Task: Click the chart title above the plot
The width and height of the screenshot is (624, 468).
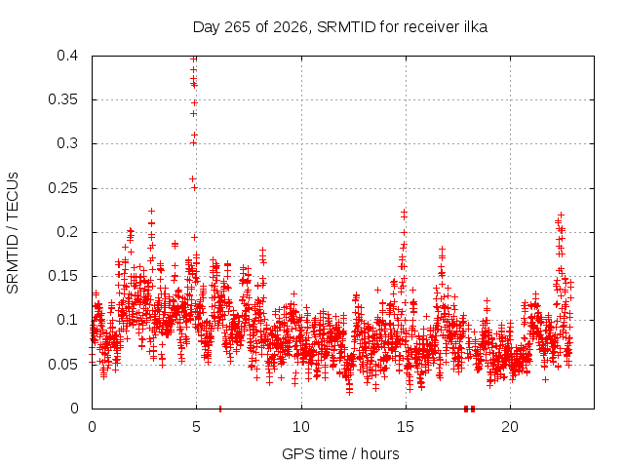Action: [x=340, y=27]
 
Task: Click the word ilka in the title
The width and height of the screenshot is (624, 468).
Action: [x=476, y=27]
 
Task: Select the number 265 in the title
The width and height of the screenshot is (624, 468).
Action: [x=237, y=27]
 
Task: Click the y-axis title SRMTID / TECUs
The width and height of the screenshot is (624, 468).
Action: [x=13, y=233]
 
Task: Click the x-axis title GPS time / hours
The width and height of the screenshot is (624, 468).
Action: [x=340, y=453]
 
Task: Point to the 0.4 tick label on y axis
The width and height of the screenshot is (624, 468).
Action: [x=67, y=56]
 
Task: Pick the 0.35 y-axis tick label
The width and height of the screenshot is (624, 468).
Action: [x=63, y=99]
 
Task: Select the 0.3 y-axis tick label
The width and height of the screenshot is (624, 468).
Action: [x=67, y=143]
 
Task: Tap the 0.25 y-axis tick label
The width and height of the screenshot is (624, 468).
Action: [x=63, y=188]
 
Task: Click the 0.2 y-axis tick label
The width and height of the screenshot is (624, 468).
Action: [x=67, y=232]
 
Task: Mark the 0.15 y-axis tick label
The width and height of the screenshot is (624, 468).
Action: [x=63, y=276]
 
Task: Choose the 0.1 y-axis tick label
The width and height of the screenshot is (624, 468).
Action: [x=67, y=320]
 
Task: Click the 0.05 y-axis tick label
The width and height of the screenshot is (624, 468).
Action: [x=63, y=365]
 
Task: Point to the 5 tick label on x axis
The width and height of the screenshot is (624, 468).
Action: [x=197, y=427]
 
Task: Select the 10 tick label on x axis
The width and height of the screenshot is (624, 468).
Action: [x=301, y=427]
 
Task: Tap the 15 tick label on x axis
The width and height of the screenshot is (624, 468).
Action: [x=406, y=427]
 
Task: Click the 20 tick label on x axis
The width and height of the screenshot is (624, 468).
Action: [x=510, y=427]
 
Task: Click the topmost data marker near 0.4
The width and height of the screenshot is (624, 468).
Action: [x=194, y=59]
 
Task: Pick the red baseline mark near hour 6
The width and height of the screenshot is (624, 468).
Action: [x=220, y=409]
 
